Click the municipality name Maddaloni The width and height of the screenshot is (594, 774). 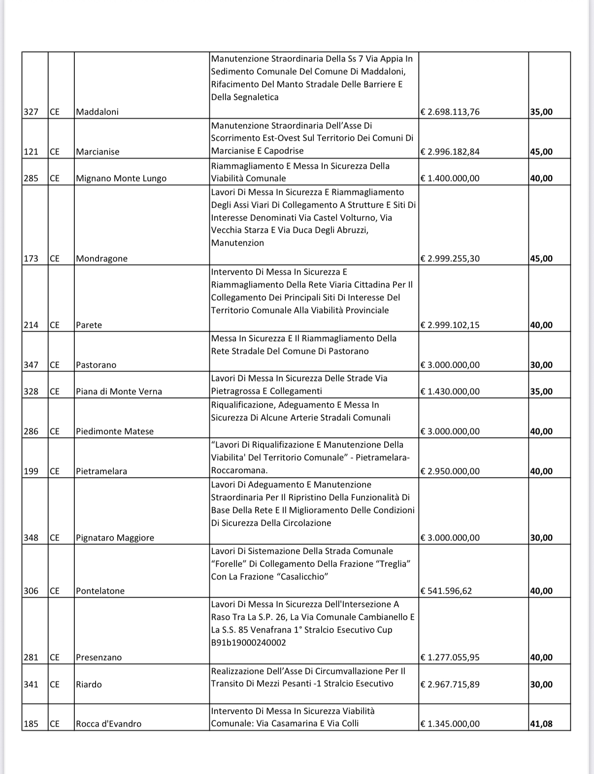click(98, 112)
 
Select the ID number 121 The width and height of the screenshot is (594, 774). click(31, 152)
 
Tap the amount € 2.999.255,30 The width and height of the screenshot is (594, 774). click(450, 258)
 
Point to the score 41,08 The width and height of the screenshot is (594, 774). click(541, 724)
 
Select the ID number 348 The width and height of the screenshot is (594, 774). click(31, 538)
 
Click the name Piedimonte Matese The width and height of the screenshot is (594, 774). click(115, 431)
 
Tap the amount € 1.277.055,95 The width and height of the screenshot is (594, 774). click(450, 657)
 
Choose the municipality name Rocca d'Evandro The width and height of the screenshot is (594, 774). click(109, 724)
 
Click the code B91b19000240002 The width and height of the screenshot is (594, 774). click(249, 643)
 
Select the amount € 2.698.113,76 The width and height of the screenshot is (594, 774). click(450, 112)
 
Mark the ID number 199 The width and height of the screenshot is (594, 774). click(31, 471)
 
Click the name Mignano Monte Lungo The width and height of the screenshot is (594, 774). click(121, 178)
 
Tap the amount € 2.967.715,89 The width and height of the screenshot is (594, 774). click(450, 684)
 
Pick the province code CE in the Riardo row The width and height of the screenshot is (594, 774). click(54, 684)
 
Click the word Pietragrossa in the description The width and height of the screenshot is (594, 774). click(234, 391)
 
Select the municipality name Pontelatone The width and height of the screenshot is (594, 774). click(100, 591)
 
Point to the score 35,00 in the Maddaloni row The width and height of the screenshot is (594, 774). click(541, 112)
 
